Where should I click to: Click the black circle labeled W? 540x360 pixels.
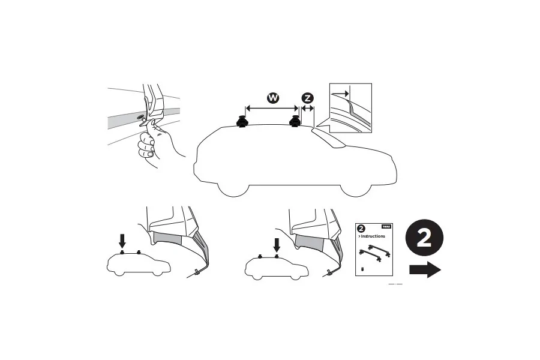click(272, 97)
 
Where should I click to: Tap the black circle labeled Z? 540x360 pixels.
click(308, 97)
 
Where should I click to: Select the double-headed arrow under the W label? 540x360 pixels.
click(271, 109)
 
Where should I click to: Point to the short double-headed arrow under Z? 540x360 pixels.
click(308, 109)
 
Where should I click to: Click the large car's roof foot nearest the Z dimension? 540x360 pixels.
click(295, 121)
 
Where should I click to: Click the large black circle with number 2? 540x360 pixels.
click(424, 238)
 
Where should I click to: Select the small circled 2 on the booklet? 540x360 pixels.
click(361, 228)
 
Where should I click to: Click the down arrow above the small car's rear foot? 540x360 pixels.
click(122, 241)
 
